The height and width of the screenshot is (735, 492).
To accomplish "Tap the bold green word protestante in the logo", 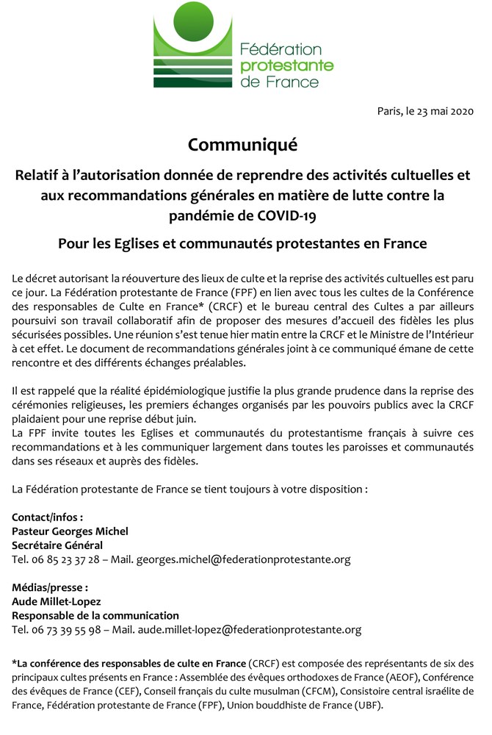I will [287, 65].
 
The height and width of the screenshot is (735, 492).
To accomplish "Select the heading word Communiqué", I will [242, 144].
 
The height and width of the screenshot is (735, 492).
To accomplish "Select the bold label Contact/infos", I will [47, 517].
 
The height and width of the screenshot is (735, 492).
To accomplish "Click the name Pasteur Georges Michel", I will [70, 531].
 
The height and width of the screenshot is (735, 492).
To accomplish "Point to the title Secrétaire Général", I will [57, 545].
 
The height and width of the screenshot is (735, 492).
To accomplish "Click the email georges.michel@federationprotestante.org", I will [243, 559].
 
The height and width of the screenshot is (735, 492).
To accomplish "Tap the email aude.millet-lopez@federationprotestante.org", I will [249, 629].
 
